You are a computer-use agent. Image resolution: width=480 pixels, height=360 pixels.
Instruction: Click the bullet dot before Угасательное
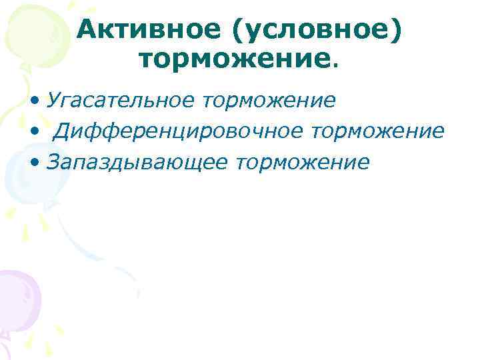click(x=34, y=101)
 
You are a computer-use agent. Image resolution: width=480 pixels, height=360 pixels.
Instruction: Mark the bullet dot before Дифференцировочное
click(x=34, y=132)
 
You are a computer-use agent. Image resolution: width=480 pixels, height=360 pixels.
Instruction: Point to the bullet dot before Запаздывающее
click(x=34, y=163)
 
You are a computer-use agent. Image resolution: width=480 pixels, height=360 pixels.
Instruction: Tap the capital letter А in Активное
click(x=87, y=30)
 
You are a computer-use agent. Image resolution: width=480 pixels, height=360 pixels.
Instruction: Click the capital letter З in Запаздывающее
click(x=53, y=163)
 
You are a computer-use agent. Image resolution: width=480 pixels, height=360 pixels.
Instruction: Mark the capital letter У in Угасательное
click(x=53, y=101)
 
